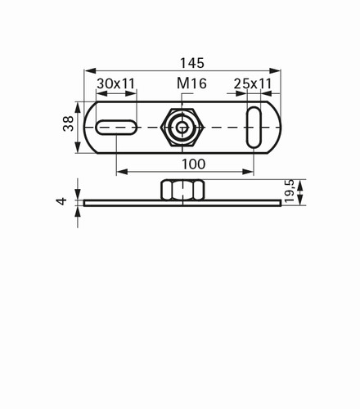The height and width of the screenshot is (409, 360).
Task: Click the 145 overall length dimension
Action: (192, 63)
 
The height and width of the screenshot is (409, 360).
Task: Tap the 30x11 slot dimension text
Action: (116, 83)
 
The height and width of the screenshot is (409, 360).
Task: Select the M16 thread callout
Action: (191, 83)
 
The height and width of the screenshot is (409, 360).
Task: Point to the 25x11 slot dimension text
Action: (253, 83)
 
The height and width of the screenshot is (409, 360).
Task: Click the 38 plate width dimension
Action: (68, 124)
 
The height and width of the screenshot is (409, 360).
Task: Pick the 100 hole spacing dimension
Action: (193, 164)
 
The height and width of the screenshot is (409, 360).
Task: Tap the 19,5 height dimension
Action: (289, 191)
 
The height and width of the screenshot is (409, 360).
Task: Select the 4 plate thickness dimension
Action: (61, 201)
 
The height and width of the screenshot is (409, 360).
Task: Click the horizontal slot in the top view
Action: (116, 128)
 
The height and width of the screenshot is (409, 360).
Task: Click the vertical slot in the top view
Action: (254, 128)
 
